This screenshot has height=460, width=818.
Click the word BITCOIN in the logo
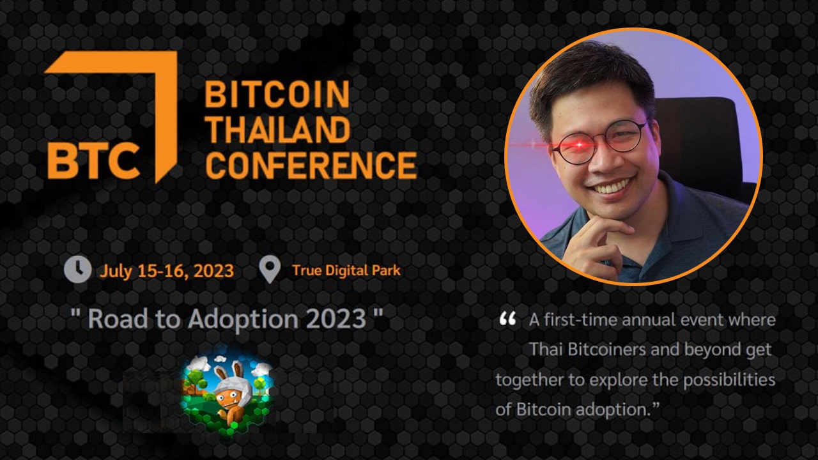(277, 94)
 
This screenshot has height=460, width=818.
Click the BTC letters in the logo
(94, 160)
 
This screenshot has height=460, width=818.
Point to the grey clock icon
(78, 270)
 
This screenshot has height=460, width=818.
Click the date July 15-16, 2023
(167, 272)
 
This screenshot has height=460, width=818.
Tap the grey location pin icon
(270, 270)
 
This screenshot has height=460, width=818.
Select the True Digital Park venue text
(346, 270)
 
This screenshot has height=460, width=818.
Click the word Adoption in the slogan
(243, 319)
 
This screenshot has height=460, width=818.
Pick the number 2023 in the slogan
(336, 319)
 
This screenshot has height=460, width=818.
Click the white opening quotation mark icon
(507, 318)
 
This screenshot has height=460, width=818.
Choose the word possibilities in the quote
(729, 380)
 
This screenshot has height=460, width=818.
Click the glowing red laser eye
(580, 145)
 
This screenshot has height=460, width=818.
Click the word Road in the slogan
(118, 319)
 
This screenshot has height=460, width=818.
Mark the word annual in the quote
(644, 320)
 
